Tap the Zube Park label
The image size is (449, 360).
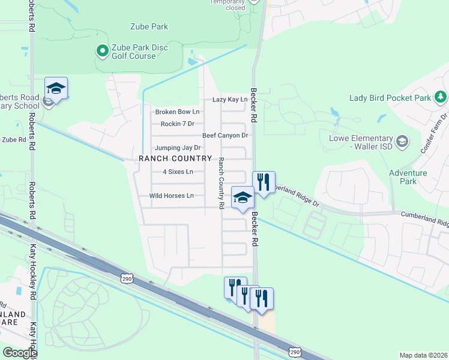tap(149, 26)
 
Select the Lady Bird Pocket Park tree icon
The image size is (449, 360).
tap(441, 97)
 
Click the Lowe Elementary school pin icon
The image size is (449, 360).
tap(402, 142)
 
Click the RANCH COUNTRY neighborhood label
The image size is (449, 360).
tap(175, 158)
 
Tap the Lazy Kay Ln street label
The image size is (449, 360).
tap(230, 100)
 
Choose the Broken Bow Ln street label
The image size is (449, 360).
tap(177, 112)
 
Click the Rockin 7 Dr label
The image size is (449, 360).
tap(178, 124)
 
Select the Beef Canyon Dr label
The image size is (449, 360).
tap(225, 136)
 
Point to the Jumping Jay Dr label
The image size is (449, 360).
tap(178, 148)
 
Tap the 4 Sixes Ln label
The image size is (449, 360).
tap(178, 172)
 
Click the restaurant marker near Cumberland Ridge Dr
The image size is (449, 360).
tap(264, 182)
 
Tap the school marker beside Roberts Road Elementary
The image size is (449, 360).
tap(56, 89)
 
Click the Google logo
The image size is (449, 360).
tap(19, 353)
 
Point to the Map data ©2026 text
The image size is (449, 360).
tap(423, 355)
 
